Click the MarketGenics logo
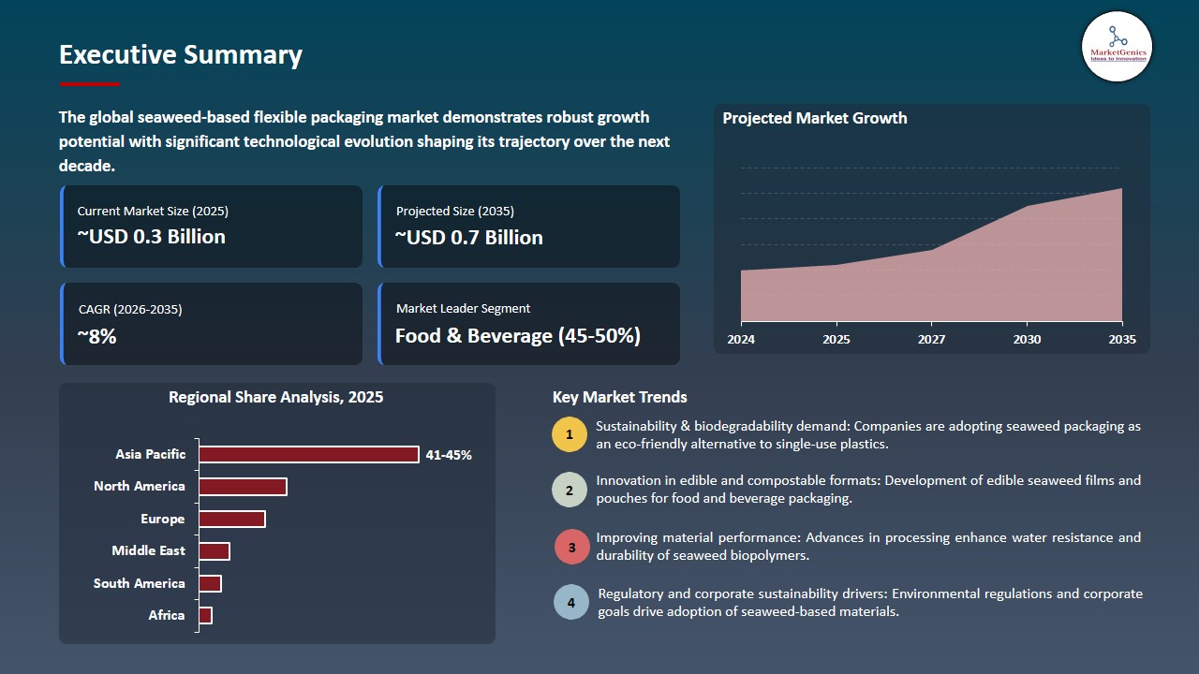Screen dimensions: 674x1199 coord(1117,46)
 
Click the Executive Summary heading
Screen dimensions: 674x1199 coord(181,55)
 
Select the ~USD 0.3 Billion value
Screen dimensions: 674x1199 coord(151,237)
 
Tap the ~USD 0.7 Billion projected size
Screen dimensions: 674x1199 coord(468,238)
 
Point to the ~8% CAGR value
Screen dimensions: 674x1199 coord(97,336)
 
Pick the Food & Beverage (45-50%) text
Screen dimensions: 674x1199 coord(517,336)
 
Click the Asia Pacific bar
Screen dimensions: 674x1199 coord(309,454)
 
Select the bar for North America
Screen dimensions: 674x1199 coord(243,487)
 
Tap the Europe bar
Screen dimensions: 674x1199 coord(232,519)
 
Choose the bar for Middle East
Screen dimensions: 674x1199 coord(215,551)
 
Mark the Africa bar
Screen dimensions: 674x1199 coord(206,615)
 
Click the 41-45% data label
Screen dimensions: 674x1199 coord(449,455)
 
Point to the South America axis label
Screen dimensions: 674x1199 coord(140,583)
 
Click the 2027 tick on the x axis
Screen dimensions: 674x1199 coord(931,339)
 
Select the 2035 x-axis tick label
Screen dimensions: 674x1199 coord(1121,339)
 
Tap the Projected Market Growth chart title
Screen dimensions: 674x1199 coord(814,118)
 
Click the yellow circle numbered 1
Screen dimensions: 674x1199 coord(570,434)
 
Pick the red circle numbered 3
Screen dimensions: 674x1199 coord(571,547)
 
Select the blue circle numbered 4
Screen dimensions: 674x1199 coord(571,602)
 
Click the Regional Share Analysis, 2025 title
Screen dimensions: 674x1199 coord(275,397)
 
